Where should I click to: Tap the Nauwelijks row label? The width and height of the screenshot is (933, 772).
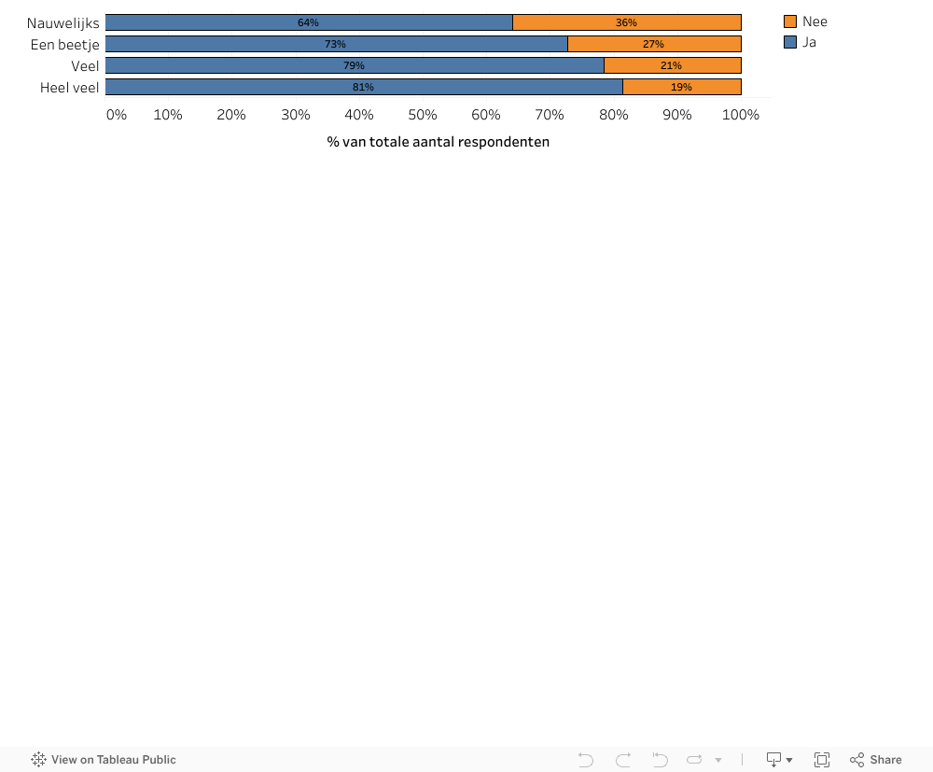(63, 22)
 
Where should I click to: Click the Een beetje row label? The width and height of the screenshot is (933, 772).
(64, 44)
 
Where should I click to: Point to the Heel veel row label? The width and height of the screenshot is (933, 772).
(69, 87)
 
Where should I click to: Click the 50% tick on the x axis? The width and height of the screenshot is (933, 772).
(423, 115)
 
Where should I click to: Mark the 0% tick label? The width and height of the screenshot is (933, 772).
(117, 115)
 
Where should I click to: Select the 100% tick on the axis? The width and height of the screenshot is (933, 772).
(741, 115)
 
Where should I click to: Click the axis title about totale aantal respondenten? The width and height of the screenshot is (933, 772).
(439, 142)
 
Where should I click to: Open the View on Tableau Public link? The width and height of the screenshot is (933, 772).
(104, 760)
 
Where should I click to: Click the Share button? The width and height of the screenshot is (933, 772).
(876, 760)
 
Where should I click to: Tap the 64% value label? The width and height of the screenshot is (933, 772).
(308, 22)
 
